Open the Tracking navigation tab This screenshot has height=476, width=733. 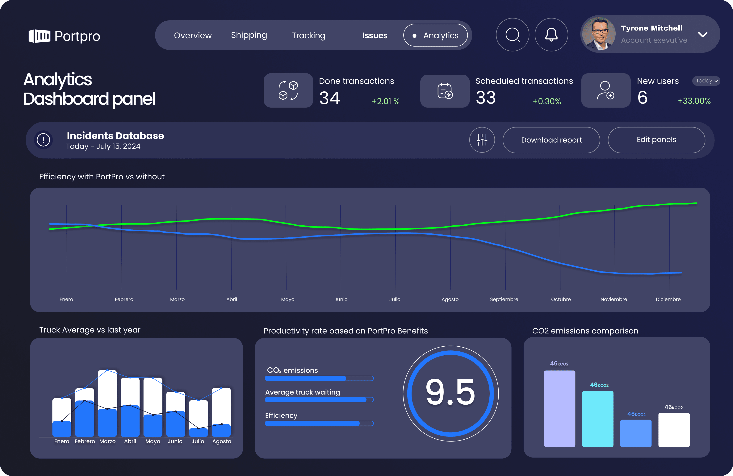pos(308,35)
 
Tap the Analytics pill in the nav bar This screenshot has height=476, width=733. pos(435,35)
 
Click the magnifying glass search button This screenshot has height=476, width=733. pos(513,35)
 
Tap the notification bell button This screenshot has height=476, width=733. pos(551,35)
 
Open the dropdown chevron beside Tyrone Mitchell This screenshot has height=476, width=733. pos(702,35)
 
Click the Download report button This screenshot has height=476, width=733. pos(551,140)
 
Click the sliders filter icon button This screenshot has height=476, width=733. pos(482,140)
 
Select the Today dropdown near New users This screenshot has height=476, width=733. pos(706,81)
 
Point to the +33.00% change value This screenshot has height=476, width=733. pos(694,101)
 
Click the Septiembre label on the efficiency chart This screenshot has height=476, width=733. pos(504,299)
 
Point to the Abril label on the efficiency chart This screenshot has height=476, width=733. pos(232,299)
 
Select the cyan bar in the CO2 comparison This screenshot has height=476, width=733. pos(597,419)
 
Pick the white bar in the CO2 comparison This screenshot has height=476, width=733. pos(674,430)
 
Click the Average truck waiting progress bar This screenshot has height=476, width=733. pos(319,400)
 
